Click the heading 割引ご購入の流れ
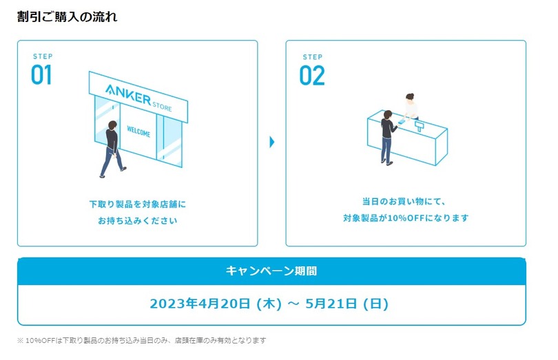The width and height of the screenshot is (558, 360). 67,17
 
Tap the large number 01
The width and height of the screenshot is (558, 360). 41,75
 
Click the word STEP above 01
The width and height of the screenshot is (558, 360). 43,56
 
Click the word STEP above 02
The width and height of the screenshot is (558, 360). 312,56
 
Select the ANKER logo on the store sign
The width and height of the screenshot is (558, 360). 128,95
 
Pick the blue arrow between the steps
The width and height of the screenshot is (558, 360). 272,142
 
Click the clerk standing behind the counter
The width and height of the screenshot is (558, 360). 411,107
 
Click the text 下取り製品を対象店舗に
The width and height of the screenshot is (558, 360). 138,204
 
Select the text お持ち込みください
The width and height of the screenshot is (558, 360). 138,221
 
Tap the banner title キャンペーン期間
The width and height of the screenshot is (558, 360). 271,271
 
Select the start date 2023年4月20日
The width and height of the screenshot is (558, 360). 199,303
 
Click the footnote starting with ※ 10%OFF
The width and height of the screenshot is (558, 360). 141,340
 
